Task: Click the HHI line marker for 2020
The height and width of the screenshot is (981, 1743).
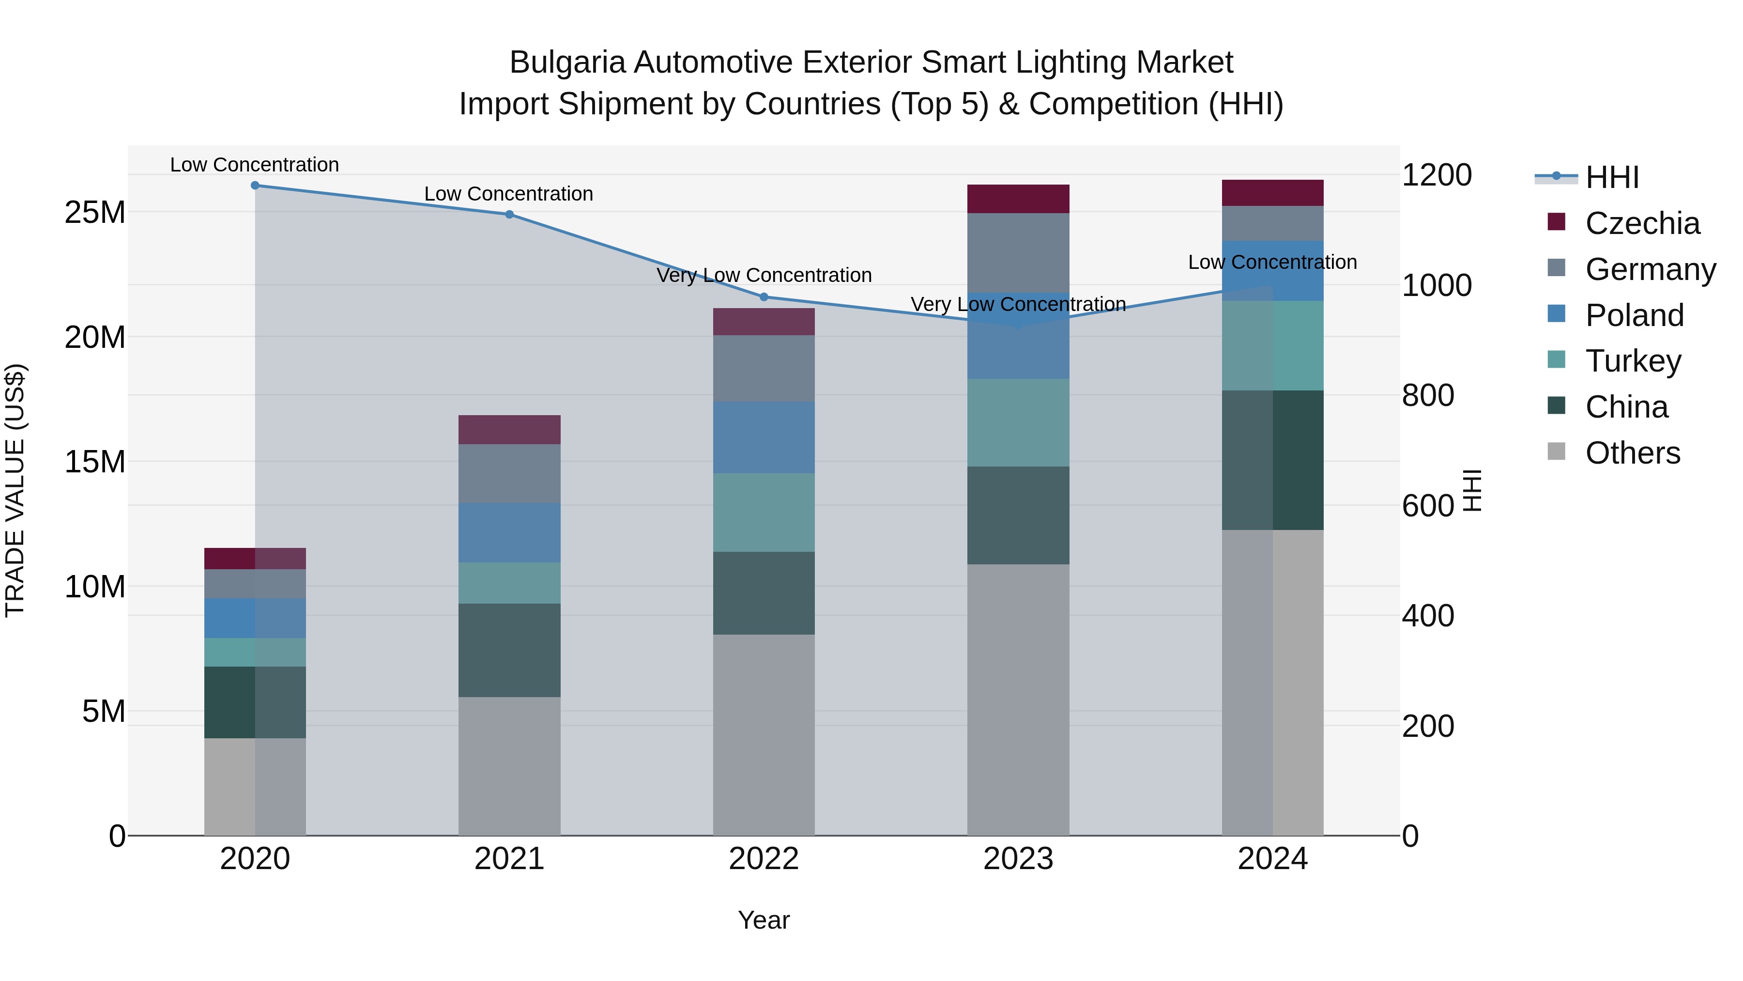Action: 255,186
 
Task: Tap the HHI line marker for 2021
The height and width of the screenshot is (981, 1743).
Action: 509,215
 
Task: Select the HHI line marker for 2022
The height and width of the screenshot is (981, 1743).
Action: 764,296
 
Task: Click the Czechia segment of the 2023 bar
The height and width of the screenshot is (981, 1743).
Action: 1018,199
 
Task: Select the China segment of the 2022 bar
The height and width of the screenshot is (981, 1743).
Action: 764,593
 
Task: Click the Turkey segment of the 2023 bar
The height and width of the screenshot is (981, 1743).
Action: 1018,422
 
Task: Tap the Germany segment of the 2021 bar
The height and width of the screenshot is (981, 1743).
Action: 509,474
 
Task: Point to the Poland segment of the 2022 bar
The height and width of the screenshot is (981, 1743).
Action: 764,437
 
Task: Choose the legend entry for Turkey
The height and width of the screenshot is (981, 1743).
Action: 1633,361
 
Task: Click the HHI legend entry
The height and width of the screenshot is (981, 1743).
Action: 1612,177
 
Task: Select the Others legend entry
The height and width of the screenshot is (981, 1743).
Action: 1632,453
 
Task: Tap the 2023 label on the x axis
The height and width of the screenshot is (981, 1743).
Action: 1018,859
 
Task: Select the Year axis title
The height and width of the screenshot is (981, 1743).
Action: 764,920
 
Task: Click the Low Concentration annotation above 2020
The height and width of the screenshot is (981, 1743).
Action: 254,165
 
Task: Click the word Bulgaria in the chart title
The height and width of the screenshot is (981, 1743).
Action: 567,62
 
